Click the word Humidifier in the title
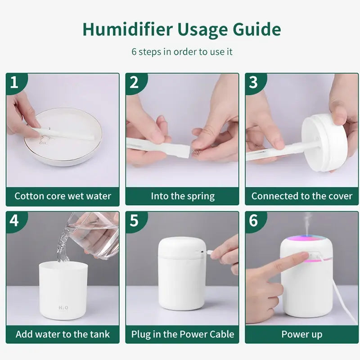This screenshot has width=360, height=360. tap(128, 30)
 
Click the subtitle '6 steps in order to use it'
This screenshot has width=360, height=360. tap(182, 51)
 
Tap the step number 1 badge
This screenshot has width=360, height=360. tap(14, 83)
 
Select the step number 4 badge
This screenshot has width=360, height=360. tap(14, 220)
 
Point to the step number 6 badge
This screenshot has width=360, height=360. tap(253, 220)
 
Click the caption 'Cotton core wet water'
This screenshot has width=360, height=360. tap(63, 196)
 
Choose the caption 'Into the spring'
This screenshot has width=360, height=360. tap(182, 196)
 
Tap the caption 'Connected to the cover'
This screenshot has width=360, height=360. tap(302, 196)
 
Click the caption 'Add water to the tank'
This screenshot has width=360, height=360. tap(63, 334)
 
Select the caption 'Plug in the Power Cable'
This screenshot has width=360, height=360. tap(182, 334)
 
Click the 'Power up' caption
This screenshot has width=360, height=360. tap(302, 334)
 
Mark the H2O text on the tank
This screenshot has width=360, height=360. tap(63, 308)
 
